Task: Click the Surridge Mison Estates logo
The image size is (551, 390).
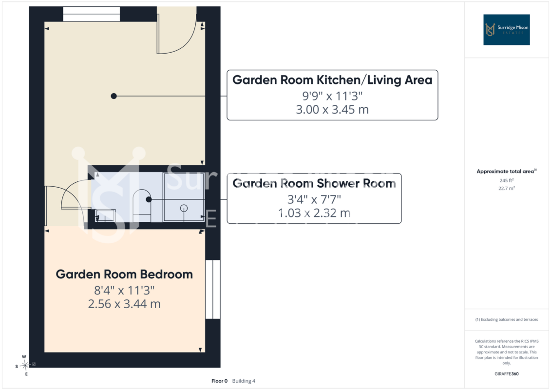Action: point(506,30)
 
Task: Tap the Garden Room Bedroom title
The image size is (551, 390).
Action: point(124,274)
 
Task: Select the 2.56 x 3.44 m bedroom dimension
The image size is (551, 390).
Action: point(124,304)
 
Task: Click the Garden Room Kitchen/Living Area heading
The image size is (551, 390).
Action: point(332,80)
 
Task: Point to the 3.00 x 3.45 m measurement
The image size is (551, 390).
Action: point(332,109)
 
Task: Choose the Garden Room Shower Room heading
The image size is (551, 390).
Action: point(314,183)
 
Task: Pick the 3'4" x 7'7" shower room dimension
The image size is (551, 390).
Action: point(314,199)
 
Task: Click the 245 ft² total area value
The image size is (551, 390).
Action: point(506,180)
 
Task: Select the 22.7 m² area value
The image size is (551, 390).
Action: point(506,189)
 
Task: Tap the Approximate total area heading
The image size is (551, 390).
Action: point(506,171)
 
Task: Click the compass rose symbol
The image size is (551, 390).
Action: point(24,366)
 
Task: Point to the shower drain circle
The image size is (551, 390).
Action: point(184,208)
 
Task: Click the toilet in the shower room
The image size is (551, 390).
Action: point(142,206)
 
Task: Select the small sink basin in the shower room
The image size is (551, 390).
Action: point(105,215)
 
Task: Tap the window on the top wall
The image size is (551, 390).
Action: point(92,14)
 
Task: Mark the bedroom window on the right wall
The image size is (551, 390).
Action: point(213,290)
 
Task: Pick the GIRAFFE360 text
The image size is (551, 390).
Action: point(506,374)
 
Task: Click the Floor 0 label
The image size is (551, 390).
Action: point(219,381)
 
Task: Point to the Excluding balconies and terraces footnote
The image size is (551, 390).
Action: point(506,320)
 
